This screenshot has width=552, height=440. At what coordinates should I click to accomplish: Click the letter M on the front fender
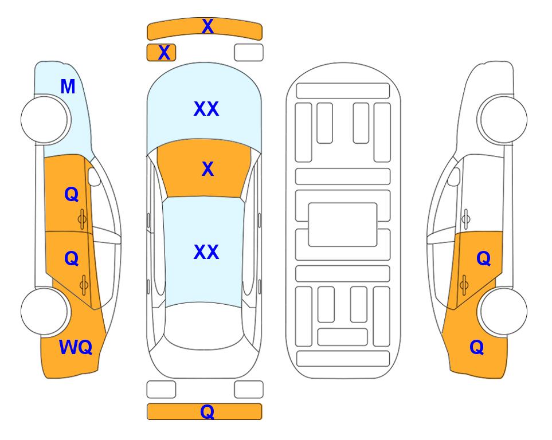click(68, 87)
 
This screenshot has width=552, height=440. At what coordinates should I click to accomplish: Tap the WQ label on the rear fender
click(76, 347)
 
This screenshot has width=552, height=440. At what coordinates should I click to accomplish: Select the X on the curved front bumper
click(208, 26)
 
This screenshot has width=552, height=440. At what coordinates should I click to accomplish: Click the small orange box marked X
click(161, 53)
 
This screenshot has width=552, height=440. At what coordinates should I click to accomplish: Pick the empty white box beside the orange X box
click(249, 53)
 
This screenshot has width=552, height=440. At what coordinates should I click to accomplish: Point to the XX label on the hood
click(206, 109)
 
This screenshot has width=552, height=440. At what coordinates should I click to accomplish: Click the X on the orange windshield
click(208, 169)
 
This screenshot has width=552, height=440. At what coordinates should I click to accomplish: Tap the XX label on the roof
click(206, 252)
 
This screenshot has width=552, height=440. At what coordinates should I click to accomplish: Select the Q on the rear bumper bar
click(208, 411)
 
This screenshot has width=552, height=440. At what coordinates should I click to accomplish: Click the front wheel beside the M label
click(44, 120)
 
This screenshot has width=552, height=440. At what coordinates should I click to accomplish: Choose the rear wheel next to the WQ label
click(44, 311)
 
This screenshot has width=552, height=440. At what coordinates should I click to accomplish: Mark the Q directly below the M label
click(72, 194)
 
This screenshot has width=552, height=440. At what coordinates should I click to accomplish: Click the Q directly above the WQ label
click(72, 259)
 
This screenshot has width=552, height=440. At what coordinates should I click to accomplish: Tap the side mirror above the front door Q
click(93, 176)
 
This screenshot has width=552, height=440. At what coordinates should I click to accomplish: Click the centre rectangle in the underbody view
click(343, 225)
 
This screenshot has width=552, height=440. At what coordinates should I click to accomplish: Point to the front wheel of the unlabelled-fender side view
click(503, 120)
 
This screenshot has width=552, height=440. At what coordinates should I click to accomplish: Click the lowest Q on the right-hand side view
click(477, 347)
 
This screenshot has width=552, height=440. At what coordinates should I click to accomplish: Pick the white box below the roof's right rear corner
click(249, 390)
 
